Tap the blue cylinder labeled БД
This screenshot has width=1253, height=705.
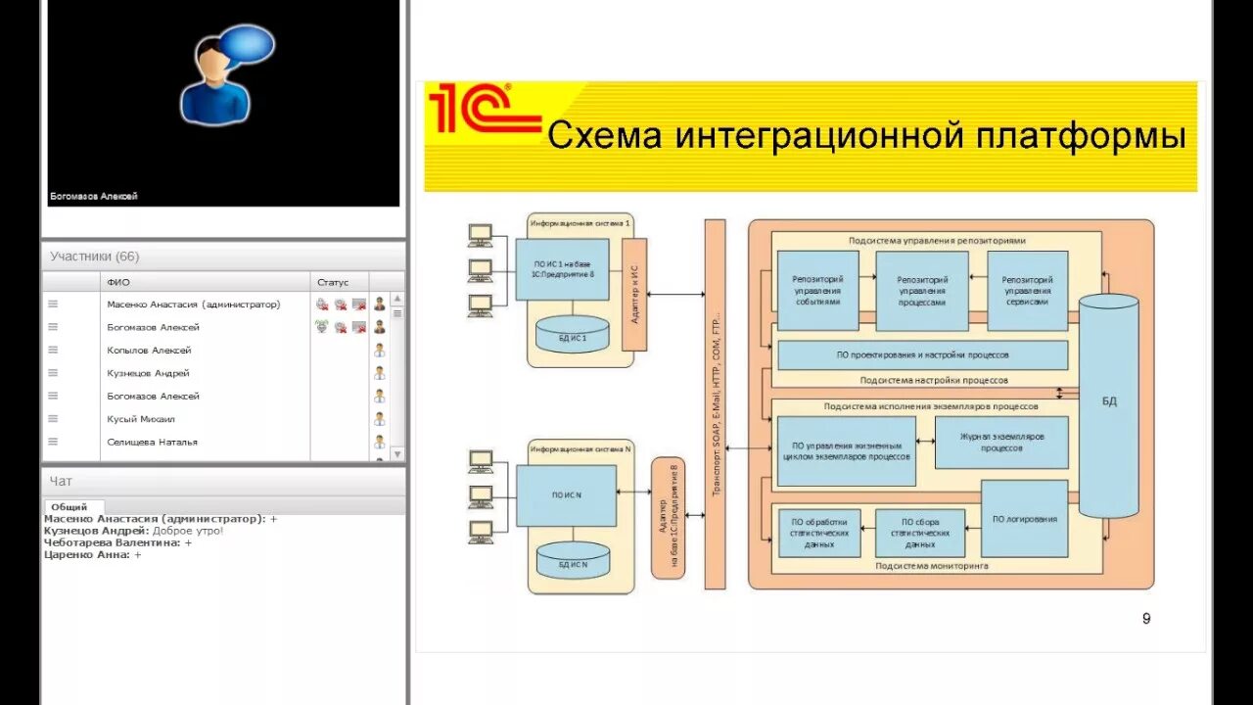coord(1108,403)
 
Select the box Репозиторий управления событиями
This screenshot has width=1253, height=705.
coord(817,290)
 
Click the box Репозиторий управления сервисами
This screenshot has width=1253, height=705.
coord(1027,290)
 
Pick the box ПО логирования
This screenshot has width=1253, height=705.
coord(1024,519)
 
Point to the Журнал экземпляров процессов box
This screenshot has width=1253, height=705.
coord(1000,442)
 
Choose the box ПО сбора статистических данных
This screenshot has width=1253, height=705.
coord(920,533)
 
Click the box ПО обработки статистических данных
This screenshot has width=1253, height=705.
coord(819,533)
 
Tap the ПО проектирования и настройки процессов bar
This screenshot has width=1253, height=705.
coord(921,354)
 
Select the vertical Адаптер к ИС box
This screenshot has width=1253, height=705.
coord(634,294)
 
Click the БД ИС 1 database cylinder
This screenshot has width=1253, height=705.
coord(573,335)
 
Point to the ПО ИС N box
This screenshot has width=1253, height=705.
coord(567,495)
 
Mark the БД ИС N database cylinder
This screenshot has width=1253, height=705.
coord(573,561)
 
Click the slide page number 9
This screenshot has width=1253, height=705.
coord(1146,618)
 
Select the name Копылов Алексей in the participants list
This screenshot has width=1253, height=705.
coord(149,350)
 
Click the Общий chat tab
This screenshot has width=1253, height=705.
coord(69,506)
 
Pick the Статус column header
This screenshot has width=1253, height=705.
coord(333,282)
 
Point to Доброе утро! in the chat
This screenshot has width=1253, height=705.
coord(188,530)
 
